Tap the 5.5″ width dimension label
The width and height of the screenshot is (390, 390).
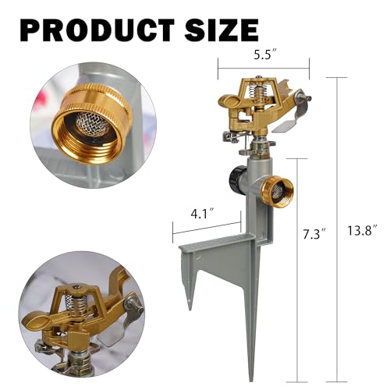point(263,56)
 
